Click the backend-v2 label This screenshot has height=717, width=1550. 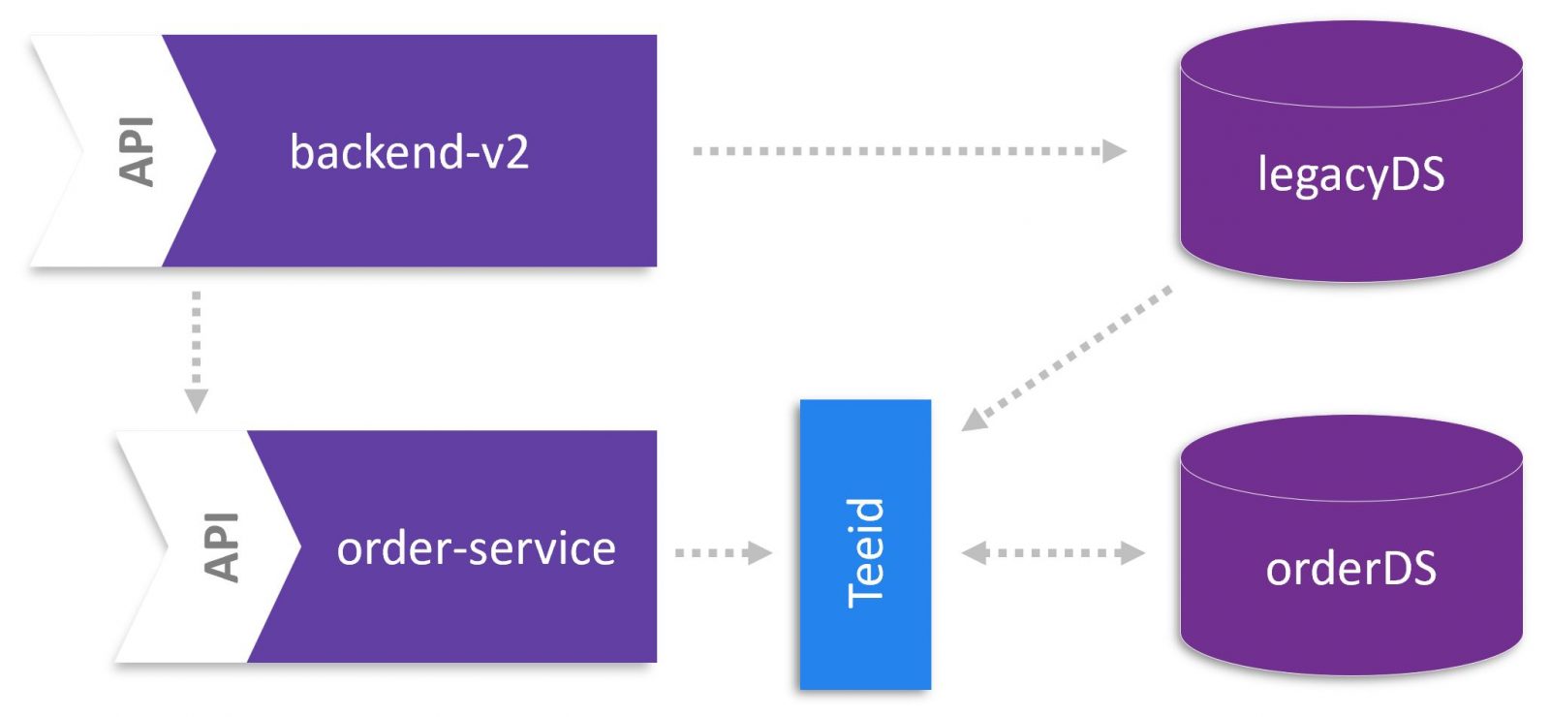pyautogui.click(x=409, y=152)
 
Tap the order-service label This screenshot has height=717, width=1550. pyautogui.click(x=476, y=548)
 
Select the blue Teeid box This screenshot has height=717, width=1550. pyautogui.click(x=865, y=544)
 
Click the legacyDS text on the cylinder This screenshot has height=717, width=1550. pyautogui.click(x=1350, y=175)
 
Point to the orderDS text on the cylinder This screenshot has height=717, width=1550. pyautogui.click(x=1350, y=569)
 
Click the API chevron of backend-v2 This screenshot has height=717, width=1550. pyautogui.click(x=135, y=151)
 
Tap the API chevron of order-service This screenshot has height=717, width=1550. pyautogui.click(x=220, y=546)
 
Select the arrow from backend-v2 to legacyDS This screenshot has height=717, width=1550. pyautogui.click(x=901, y=151)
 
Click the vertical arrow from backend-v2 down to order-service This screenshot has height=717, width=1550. pyautogui.click(x=196, y=344)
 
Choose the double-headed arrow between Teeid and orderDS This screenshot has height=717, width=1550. pyautogui.click(x=1053, y=553)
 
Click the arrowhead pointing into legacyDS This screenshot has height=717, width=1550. pyautogui.click(x=1115, y=151)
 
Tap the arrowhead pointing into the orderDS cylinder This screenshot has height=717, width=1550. pyautogui.click(x=1131, y=553)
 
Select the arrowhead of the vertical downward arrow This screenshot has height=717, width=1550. pyautogui.click(x=196, y=400)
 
